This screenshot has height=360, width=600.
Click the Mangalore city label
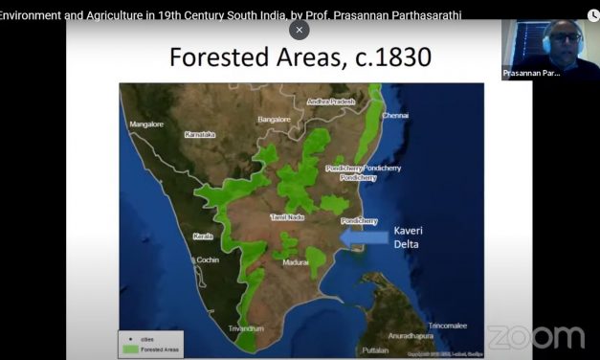pos(147,124)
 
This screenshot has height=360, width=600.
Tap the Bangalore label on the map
pos(274,119)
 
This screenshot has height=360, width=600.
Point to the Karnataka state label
pos(200,135)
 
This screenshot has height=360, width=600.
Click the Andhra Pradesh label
pos(331,101)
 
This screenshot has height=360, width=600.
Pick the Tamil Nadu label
pos(287,218)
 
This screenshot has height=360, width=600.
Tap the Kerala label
pos(203,236)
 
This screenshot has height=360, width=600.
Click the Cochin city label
pos(207,259)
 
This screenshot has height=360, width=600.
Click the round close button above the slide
pos(300,30)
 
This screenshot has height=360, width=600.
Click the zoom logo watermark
pos(535,337)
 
